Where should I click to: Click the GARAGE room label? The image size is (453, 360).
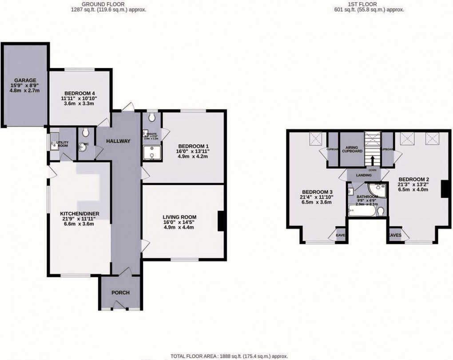coord(24,80)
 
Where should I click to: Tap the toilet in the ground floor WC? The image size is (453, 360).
coord(85,132)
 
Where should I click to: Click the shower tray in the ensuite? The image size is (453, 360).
coord(152,153)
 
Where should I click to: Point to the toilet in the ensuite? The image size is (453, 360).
coord(152,117)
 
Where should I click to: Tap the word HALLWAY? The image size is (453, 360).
coord(118,141)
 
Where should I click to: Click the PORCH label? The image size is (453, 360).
coord(120,292)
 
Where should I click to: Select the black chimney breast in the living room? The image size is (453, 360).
coord(221,221)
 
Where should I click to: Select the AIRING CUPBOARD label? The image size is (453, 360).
coord(352,148)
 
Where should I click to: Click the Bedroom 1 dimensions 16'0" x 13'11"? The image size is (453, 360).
coord(193,151)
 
